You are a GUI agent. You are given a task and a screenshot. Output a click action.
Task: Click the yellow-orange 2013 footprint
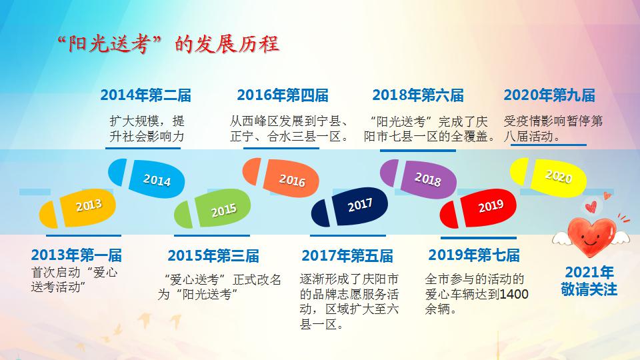pyautogui.click(x=77, y=208)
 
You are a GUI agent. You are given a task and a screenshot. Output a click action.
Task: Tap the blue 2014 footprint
pyautogui.click(x=146, y=179)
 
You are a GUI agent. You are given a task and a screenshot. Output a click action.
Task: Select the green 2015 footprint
pyautogui.click(x=212, y=209)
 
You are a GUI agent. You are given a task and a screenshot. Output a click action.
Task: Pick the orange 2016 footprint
pyautogui.click(x=281, y=177)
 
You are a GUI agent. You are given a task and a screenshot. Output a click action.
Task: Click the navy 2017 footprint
pyautogui.click(x=349, y=207)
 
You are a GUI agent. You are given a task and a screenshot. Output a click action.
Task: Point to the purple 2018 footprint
pyautogui.click(x=418, y=179)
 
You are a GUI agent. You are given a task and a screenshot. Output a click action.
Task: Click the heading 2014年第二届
pyautogui.click(x=146, y=95)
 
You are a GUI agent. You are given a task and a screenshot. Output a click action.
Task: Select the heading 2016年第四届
pyautogui.click(x=283, y=95)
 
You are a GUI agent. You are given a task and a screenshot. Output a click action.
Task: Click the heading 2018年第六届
pyautogui.click(x=418, y=95)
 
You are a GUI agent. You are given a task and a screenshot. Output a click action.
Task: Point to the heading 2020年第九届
pyautogui.click(x=549, y=95)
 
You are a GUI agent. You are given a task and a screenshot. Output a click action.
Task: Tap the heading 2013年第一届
pyautogui.click(x=76, y=255)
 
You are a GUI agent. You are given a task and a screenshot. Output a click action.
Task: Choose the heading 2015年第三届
pyautogui.click(x=213, y=256)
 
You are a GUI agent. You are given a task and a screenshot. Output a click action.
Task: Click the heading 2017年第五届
pyautogui.click(x=347, y=256)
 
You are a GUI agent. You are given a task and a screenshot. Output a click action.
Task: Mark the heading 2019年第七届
pyautogui.click(x=474, y=255)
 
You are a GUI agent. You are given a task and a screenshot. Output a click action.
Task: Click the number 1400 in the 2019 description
pyautogui.click(x=514, y=294)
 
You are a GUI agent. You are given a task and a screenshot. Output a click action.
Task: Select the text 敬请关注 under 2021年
pyautogui.click(x=589, y=289)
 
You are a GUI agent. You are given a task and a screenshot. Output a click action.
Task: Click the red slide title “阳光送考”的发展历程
pyautogui.click(x=168, y=44)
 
